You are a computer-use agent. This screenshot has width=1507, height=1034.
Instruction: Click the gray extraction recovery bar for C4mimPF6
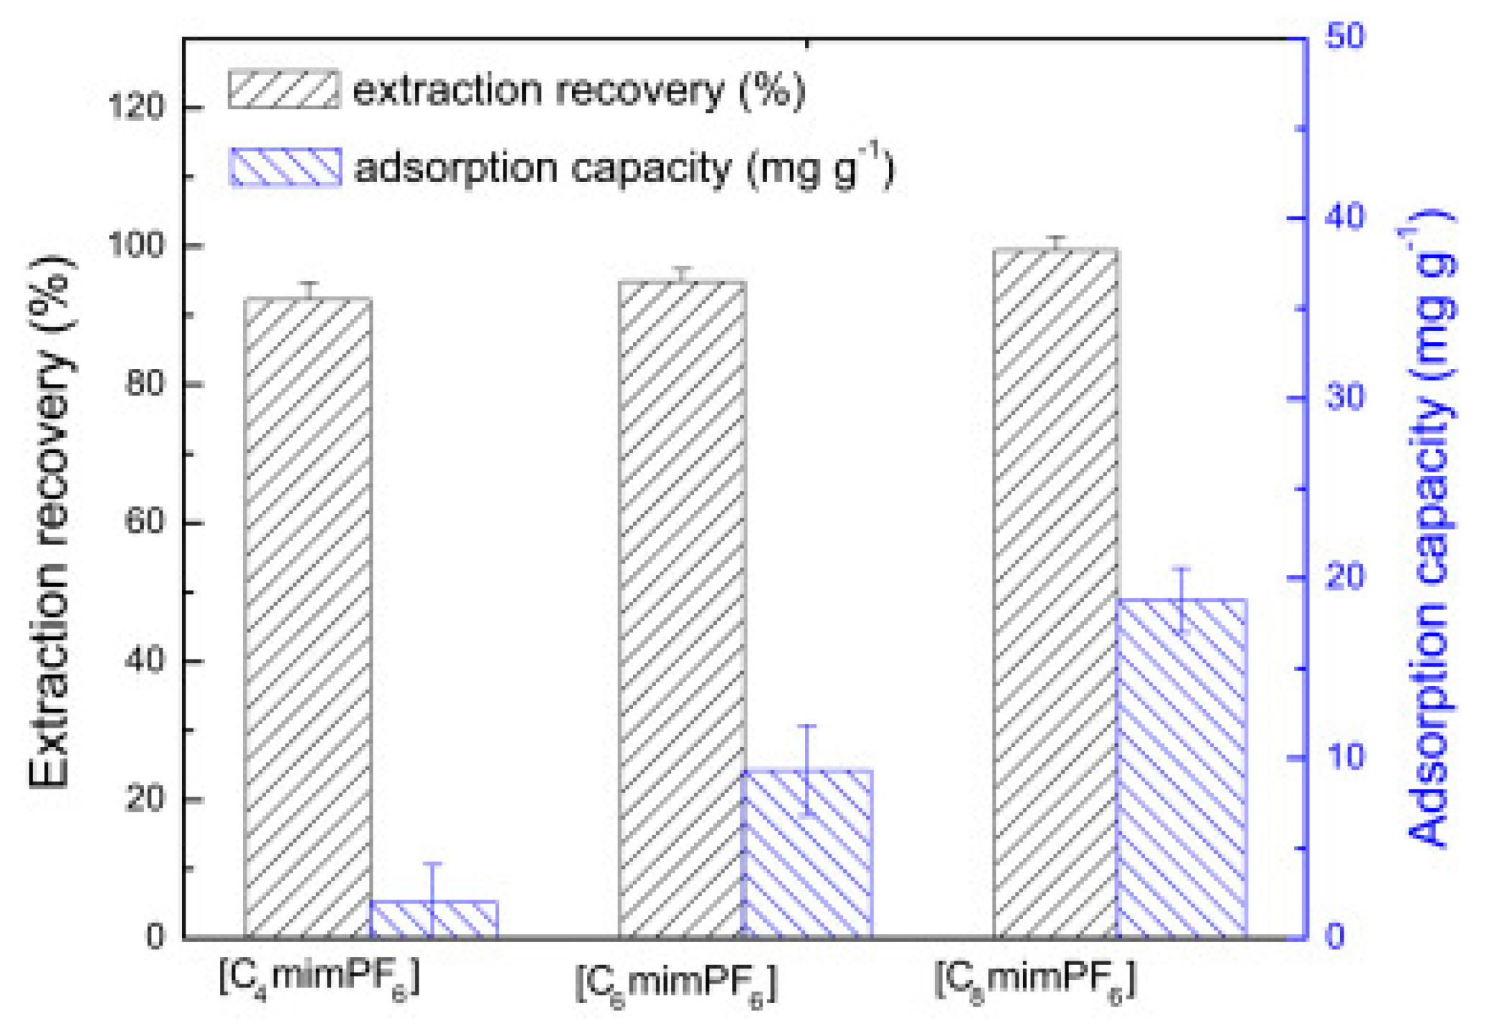[x=308, y=618]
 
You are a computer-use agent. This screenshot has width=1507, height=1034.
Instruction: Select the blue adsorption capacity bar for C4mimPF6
[x=434, y=920]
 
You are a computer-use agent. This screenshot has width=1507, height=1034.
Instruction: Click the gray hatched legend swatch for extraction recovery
[x=284, y=90]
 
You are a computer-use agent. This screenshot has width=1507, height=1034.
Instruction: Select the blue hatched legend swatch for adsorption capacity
[x=285, y=168]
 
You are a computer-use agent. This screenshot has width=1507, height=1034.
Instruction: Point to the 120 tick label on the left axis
[x=136, y=108]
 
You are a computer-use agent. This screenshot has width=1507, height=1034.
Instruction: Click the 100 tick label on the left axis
[x=136, y=246]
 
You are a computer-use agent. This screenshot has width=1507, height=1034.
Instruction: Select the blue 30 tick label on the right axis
[x=1344, y=397]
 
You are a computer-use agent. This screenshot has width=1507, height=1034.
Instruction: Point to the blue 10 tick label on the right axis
[x=1344, y=756]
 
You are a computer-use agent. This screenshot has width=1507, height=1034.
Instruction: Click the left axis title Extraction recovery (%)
[x=50, y=521]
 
